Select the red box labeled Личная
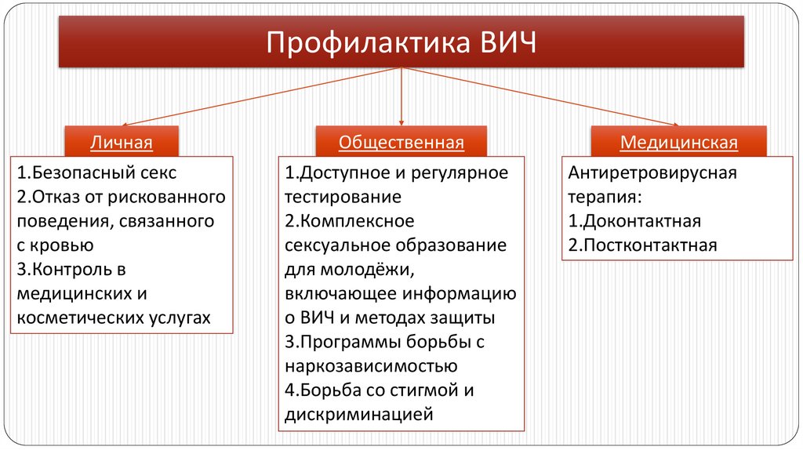point(121,142)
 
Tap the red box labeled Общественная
point(401,142)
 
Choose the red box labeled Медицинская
point(679,142)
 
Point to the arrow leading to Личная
point(259,96)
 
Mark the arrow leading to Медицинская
point(541,96)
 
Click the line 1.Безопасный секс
point(96,172)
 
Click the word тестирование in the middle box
point(343,196)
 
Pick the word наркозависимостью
point(371,365)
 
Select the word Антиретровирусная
point(652,172)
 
